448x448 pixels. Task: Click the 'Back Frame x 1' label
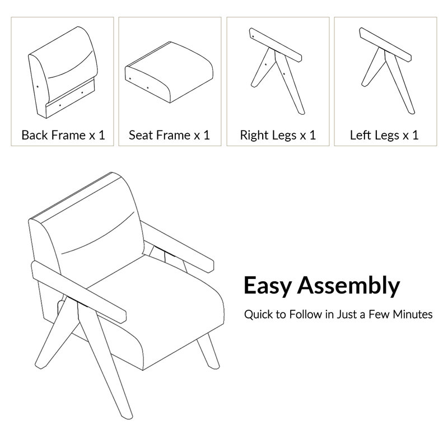[63, 135]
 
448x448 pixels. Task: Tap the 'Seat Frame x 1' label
[170, 135]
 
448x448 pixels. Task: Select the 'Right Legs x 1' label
[278, 136]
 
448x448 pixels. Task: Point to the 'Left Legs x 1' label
[384, 136]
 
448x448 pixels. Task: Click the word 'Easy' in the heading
[268, 286]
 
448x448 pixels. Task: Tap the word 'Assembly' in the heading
[348, 286]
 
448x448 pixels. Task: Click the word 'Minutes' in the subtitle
[413, 314]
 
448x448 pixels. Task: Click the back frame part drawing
[63, 72]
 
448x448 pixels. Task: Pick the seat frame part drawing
[169, 72]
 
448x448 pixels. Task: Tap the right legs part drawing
[276, 72]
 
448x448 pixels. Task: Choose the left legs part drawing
[386, 71]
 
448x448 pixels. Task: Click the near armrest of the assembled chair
[78, 291]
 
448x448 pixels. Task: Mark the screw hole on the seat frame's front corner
[130, 78]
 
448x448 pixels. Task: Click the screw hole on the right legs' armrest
[253, 36]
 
